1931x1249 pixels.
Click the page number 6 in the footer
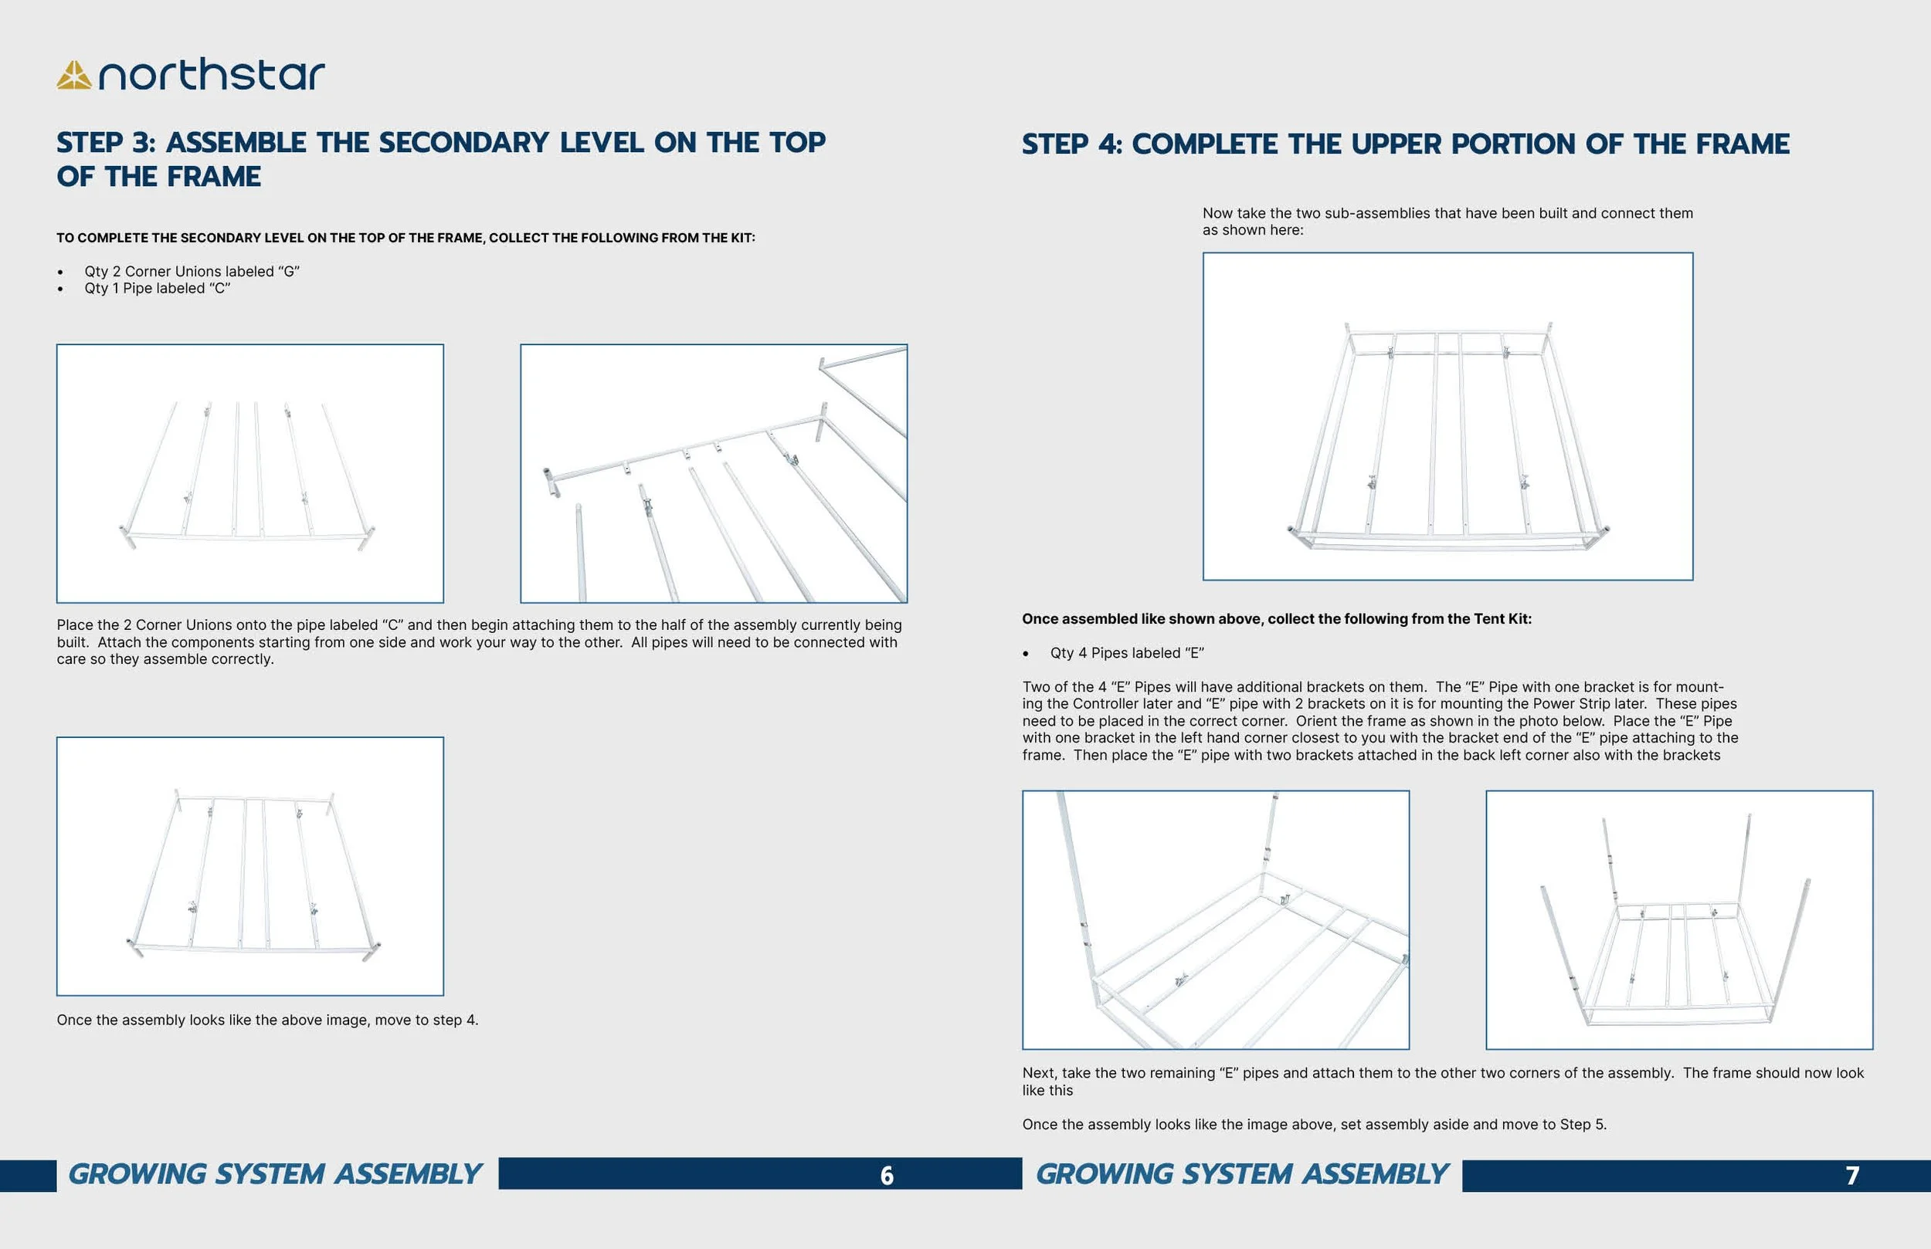click(x=887, y=1175)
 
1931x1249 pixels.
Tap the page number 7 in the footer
click(x=1852, y=1175)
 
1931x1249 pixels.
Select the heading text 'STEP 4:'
click(x=1072, y=144)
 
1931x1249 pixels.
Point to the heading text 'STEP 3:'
click(x=106, y=143)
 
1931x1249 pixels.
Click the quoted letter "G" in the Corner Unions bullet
click(x=289, y=272)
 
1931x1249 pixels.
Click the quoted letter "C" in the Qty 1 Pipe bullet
click(x=220, y=289)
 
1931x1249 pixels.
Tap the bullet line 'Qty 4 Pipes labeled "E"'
click(x=1126, y=653)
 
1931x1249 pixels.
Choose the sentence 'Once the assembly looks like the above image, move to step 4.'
click(x=267, y=1020)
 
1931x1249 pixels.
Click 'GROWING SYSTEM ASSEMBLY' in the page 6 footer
click(x=275, y=1174)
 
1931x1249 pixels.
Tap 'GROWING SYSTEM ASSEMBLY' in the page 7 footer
click(x=1241, y=1174)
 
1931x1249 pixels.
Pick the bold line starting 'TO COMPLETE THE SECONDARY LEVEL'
click(x=405, y=238)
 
